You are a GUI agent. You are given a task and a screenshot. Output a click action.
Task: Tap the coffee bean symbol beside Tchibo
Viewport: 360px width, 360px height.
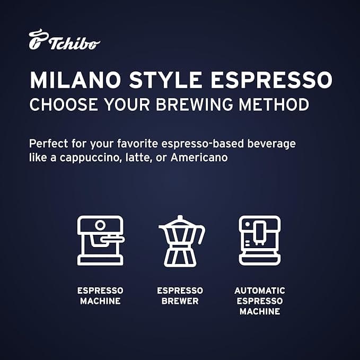click(37, 40)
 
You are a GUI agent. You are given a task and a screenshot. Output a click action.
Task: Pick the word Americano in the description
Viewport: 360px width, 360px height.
click(203, 158)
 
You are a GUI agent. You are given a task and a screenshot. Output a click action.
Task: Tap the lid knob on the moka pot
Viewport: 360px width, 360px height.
click(180, 218)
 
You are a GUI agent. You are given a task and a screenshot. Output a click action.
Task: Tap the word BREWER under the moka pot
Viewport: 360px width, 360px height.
click(180, 301)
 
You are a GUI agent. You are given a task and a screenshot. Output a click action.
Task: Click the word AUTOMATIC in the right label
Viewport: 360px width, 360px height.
click(259, 291)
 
